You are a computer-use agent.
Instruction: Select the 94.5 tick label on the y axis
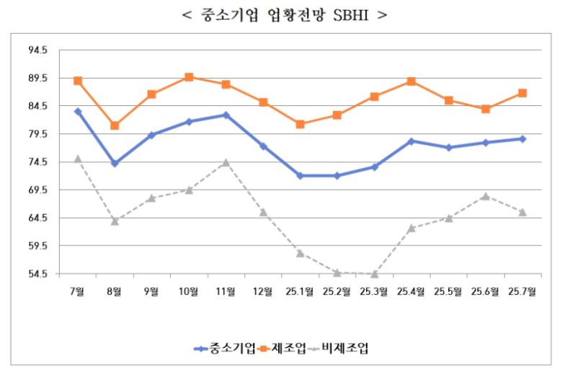[38, 50]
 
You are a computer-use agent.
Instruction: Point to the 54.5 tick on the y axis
[38, 274]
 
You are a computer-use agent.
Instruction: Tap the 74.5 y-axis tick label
[38, 162]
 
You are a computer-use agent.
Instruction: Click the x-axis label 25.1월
[300, 291]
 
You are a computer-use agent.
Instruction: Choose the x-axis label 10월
[189, 291]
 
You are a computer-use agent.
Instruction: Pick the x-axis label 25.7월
[522, 291]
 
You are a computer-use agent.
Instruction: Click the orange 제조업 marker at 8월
[115, 125]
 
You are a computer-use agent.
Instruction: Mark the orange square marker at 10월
[189, 77]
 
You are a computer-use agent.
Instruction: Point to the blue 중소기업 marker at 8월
[115, 164]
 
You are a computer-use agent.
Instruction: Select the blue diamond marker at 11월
[226, 115]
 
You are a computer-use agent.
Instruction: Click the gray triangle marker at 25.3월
[375, 274]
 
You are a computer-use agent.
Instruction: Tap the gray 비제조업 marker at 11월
[226, 162]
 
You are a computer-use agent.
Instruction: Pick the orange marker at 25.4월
[411, 81]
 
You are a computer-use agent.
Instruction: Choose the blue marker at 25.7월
[522, 138]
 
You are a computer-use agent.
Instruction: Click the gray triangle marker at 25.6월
[486, 196]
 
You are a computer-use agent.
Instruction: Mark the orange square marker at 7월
[78, 81]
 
